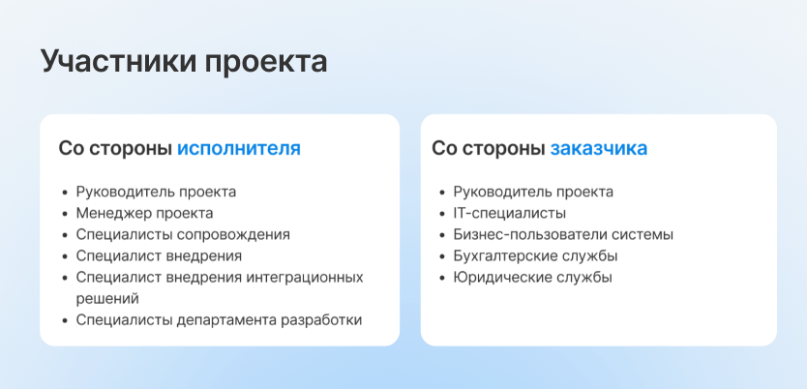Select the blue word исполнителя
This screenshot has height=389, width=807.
(x=239, y=149)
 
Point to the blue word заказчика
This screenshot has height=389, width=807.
(x=599, y=149)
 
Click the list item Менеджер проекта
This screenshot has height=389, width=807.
(x=144, y=213)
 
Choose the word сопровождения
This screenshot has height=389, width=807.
(x=233, y=234)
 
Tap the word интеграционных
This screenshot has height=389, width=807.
(x=304, y=278)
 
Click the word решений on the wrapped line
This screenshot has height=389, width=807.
(x=107, y=299)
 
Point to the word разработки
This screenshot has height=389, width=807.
(x=321, y=320)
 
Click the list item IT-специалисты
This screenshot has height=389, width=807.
(x=510, y=213)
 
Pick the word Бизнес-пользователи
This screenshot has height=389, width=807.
(x=530, y=234)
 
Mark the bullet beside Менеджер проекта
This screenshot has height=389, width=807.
(x=65, y=214)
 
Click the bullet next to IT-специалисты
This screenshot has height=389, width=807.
(x=442, y=214)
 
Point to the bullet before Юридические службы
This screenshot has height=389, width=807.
(x=442, y=278)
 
